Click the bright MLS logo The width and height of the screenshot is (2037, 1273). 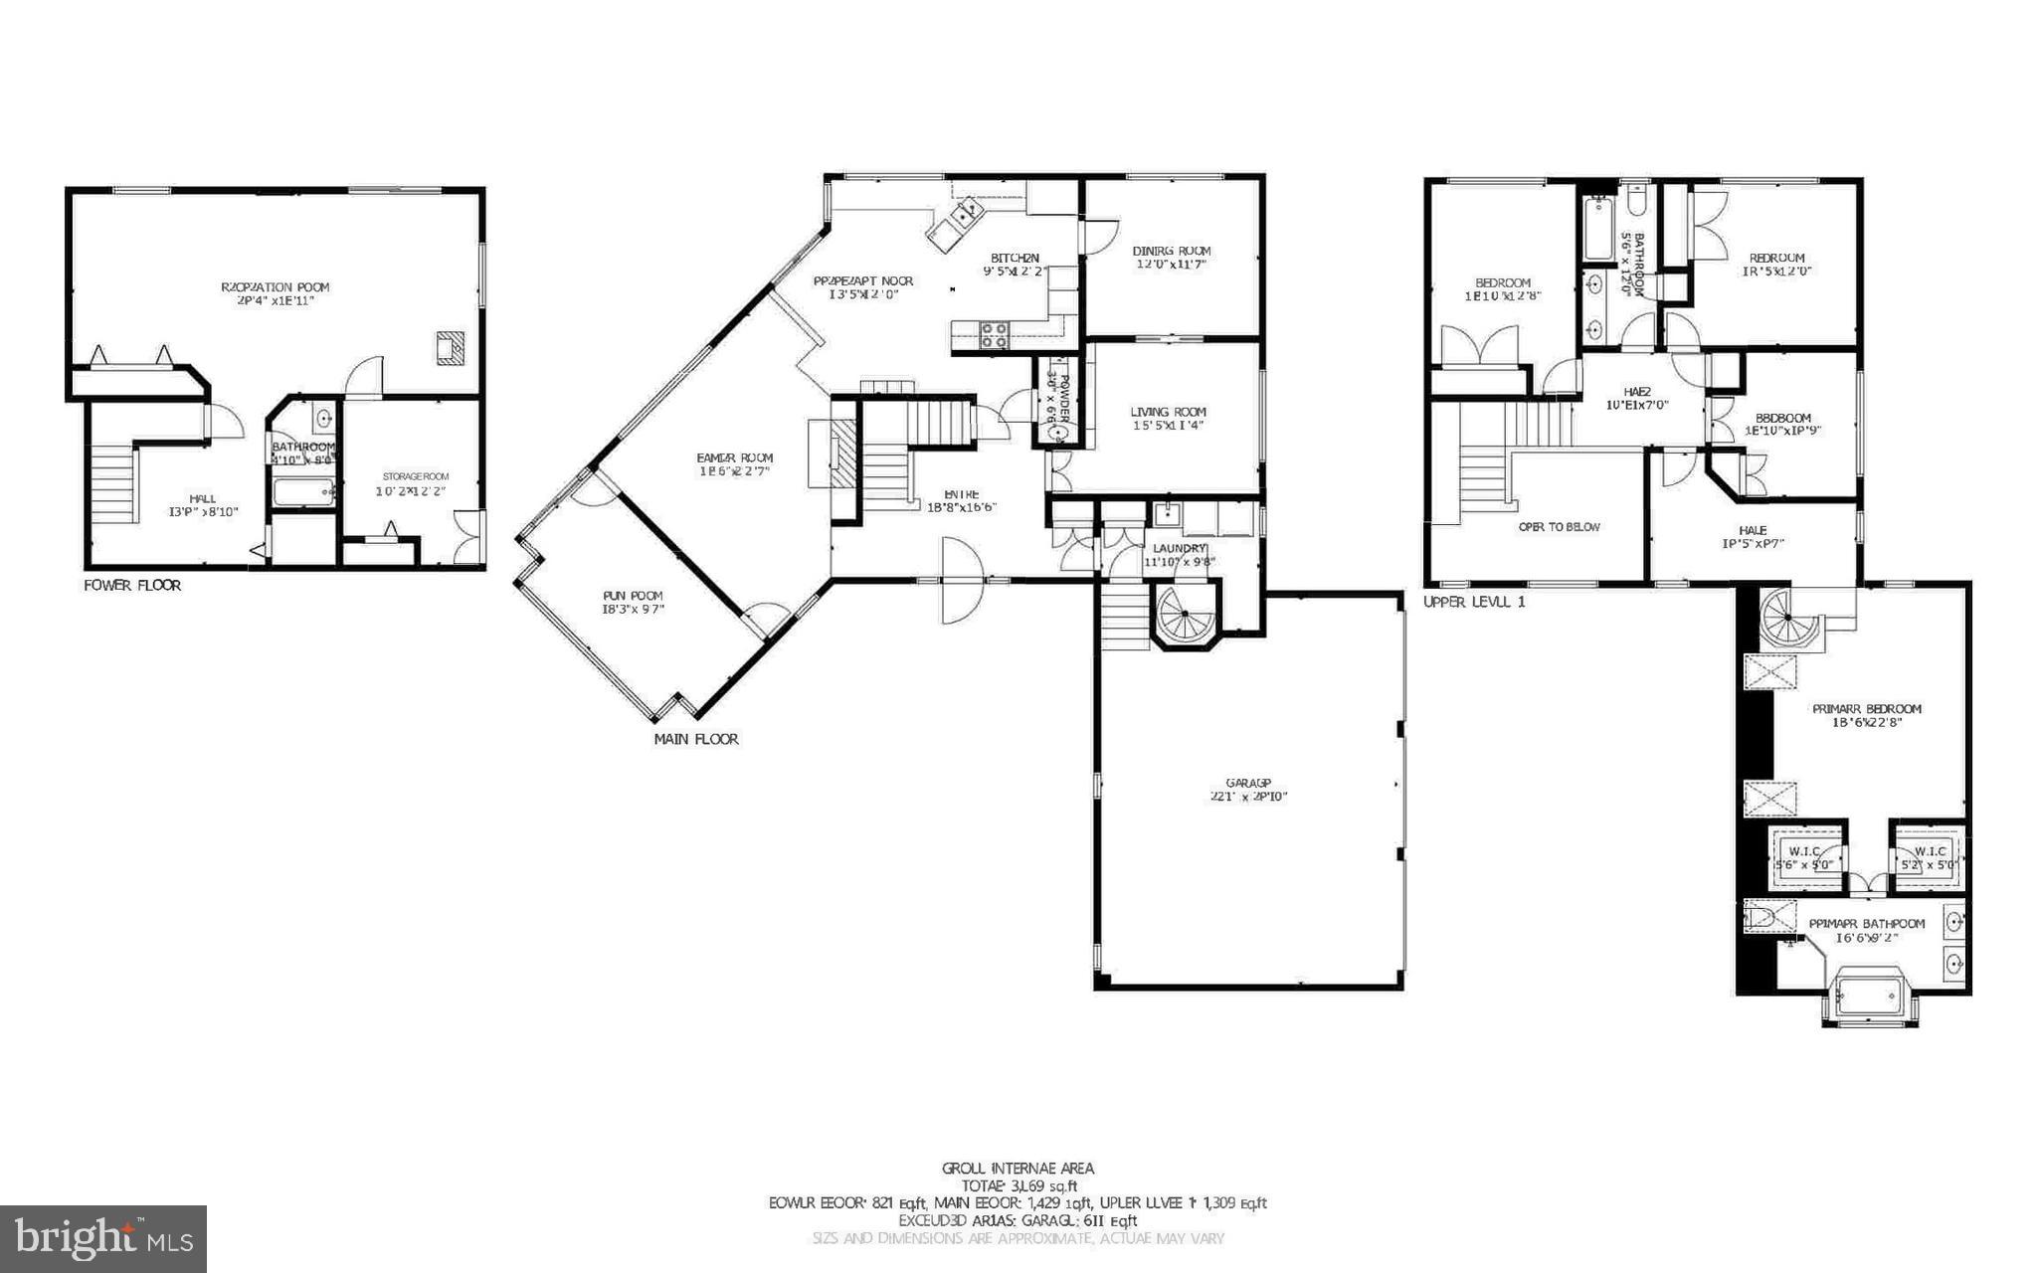point(103,1238)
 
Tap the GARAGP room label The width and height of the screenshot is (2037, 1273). point(1248,783)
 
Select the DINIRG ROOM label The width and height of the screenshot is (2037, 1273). point(1172,251)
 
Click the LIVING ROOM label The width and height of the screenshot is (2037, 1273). point(1168,412)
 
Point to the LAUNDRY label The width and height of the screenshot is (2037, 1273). point(1179,548)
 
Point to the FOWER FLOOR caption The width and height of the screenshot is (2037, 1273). point(132,586)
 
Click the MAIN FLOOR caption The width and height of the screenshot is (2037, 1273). point(695,739)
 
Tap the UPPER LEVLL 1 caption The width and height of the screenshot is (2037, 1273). point(1473,603)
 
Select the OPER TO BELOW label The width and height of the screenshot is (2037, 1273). point(1559,527)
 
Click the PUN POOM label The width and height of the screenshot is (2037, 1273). point(632,596)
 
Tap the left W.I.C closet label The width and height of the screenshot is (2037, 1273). point(1804,851)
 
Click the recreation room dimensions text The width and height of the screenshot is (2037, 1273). point(275,300)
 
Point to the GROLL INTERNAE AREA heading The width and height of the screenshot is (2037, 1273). point(1018,1169)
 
